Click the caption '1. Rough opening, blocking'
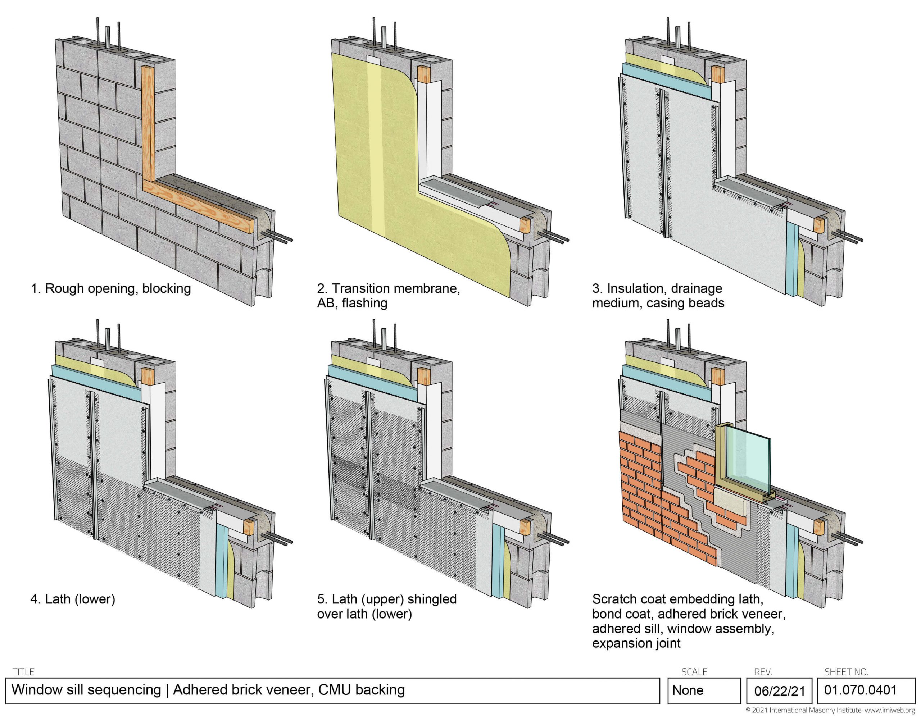pyautogui.click(x=111, y=289)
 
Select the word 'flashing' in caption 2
pyautogui.click(x=365, y=304)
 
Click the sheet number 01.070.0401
pyautogui.click(x=861, y=690)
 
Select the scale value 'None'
pyautogui.click(x=688, y=690)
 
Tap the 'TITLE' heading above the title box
pyautogui.click(x=24, y=671)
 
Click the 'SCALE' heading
pyautogui.click(x=694, y=671)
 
